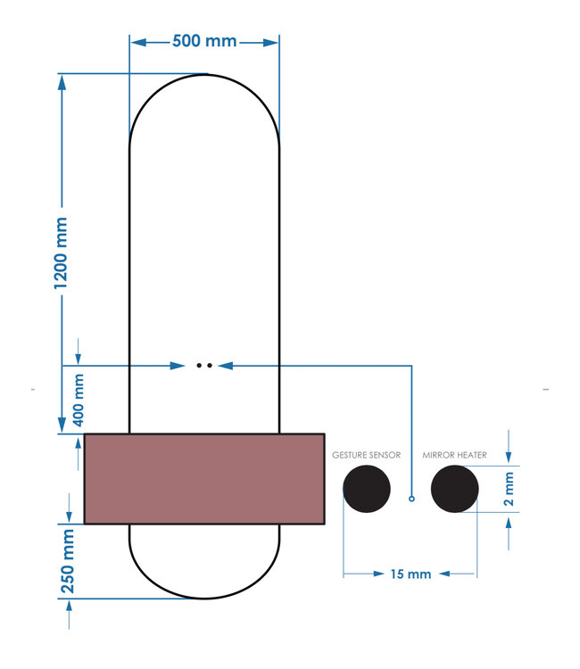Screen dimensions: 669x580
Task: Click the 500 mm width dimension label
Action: (204, 42)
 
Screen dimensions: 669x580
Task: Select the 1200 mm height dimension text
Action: (62, 252)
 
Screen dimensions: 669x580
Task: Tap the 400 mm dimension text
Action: (78, 398)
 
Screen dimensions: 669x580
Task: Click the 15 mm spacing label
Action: (410, 574)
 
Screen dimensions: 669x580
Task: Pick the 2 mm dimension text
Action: (510, 490)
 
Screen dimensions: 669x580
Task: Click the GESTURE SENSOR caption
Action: (366, 455)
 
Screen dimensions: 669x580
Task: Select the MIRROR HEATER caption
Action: (454, 455)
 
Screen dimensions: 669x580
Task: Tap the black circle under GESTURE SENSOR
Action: (367, 490)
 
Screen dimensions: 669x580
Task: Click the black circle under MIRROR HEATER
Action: (454, 490)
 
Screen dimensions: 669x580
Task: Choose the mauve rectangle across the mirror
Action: (203, 478)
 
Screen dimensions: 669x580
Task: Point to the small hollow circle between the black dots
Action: (411, 498)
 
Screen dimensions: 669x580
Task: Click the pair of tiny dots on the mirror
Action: (204, 365)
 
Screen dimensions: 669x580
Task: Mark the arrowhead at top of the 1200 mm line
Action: (62, 81)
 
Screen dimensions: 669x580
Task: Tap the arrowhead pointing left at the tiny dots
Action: (224, 365)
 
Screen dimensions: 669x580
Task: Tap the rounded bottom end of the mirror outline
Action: (204, 596)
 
